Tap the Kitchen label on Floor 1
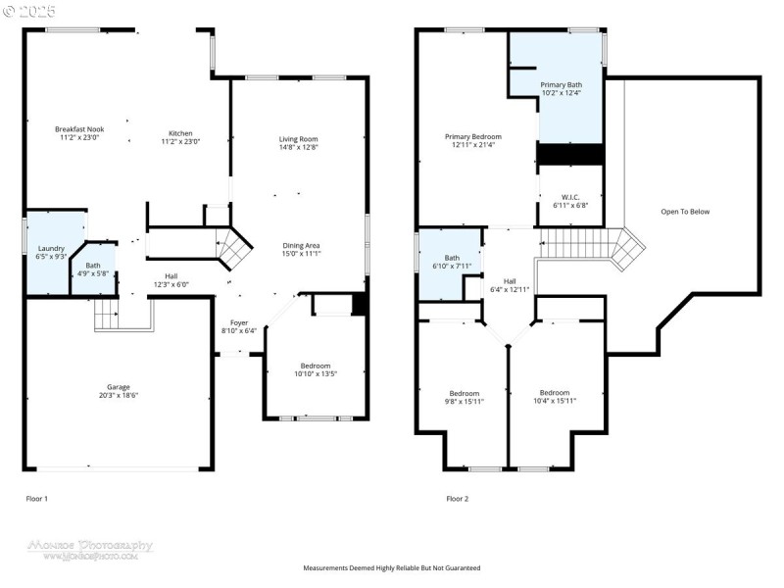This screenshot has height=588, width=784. (180, 133)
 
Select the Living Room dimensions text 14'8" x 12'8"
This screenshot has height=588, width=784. (298, 148)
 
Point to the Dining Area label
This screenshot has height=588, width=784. (301, 245)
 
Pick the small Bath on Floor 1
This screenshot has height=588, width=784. (92, 269)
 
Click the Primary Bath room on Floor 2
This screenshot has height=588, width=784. (561, 88)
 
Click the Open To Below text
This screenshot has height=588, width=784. (685, 212)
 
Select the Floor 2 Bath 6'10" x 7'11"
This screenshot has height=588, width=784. (452, 261)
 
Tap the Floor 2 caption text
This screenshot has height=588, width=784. (458, 499)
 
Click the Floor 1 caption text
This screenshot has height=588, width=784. (36, 499)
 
